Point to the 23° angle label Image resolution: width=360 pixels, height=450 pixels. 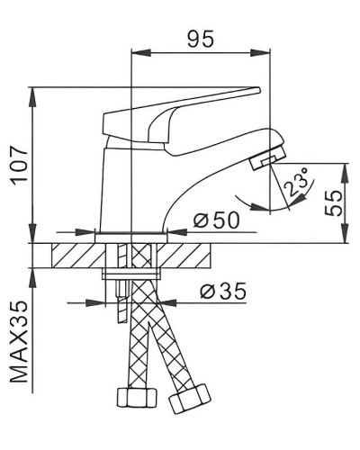294,184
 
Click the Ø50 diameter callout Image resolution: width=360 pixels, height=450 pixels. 215,220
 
